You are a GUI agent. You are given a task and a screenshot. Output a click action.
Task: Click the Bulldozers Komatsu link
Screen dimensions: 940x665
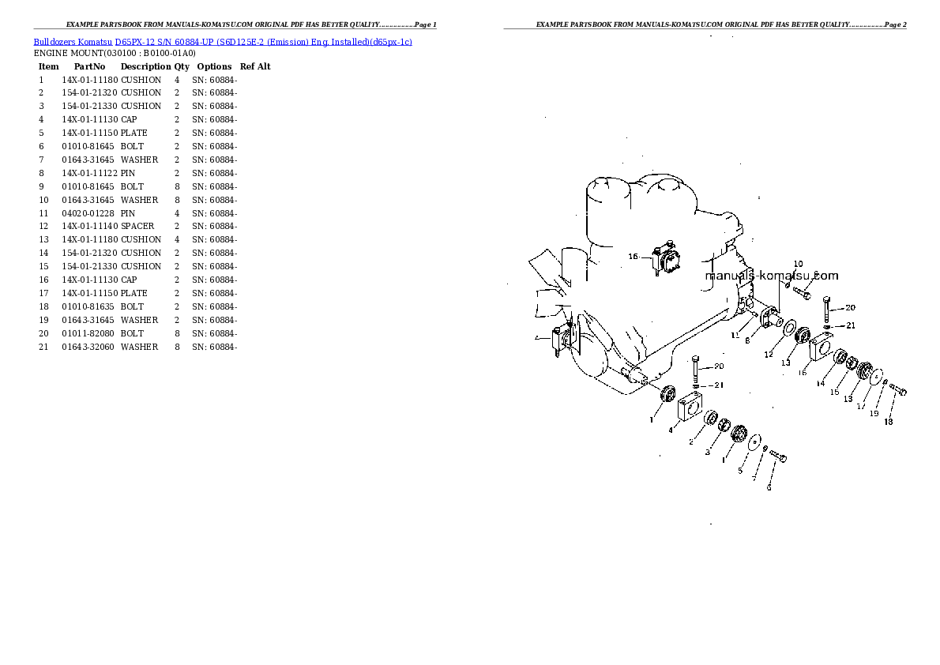73,42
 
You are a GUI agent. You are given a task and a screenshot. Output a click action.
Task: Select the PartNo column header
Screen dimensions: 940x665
89,66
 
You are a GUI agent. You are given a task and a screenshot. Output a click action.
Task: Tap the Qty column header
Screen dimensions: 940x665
182,66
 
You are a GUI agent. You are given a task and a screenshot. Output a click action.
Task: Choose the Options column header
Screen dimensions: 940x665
214,66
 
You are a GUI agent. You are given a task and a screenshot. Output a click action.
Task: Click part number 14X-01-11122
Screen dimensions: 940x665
89,173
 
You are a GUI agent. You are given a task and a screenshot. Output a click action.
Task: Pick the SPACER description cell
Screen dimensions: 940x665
137,226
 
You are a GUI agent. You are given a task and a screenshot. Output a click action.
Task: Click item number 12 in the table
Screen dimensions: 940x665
43,226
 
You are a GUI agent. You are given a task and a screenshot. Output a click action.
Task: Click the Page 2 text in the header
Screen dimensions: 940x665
895,24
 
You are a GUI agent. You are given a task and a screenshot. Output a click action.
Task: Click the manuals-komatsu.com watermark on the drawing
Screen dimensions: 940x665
772,276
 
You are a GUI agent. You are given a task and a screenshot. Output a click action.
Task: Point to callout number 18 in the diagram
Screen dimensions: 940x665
888,422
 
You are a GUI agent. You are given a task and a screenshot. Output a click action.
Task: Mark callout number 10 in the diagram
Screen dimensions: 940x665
798,264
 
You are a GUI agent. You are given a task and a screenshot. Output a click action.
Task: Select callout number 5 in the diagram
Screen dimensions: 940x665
740,471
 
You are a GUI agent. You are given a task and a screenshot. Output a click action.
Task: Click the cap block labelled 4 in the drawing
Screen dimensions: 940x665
690,405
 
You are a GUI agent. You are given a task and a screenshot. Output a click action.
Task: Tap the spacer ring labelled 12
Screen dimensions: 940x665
790,328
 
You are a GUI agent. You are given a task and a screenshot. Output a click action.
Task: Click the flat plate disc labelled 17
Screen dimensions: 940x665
876,377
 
